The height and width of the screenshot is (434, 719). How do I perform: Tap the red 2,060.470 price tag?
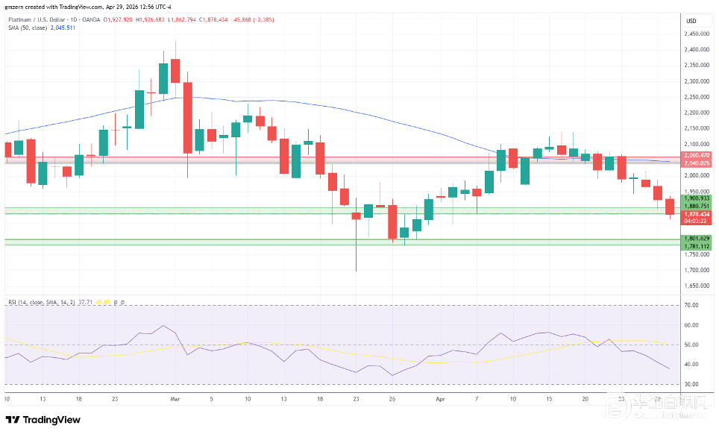[696, 155]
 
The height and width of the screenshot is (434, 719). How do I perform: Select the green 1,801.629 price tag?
[696, 238]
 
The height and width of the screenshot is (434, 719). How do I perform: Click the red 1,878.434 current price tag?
[696, 214]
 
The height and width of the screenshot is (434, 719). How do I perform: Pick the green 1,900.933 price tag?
[696, 198]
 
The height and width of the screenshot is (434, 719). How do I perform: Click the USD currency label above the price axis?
[691, 20]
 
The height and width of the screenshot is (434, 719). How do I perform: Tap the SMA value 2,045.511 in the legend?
[62, 28]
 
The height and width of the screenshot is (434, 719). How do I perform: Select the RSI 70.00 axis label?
[691, 306]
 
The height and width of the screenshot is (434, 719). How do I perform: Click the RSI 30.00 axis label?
[691, 384]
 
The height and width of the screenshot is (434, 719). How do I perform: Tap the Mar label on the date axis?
[175, 399]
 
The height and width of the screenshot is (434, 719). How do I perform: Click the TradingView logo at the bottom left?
[43, 420]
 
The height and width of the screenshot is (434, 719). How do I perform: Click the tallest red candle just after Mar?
[187, 118]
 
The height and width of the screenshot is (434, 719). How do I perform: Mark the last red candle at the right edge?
[669, 207]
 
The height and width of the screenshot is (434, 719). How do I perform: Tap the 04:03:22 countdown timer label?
[696, 221]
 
